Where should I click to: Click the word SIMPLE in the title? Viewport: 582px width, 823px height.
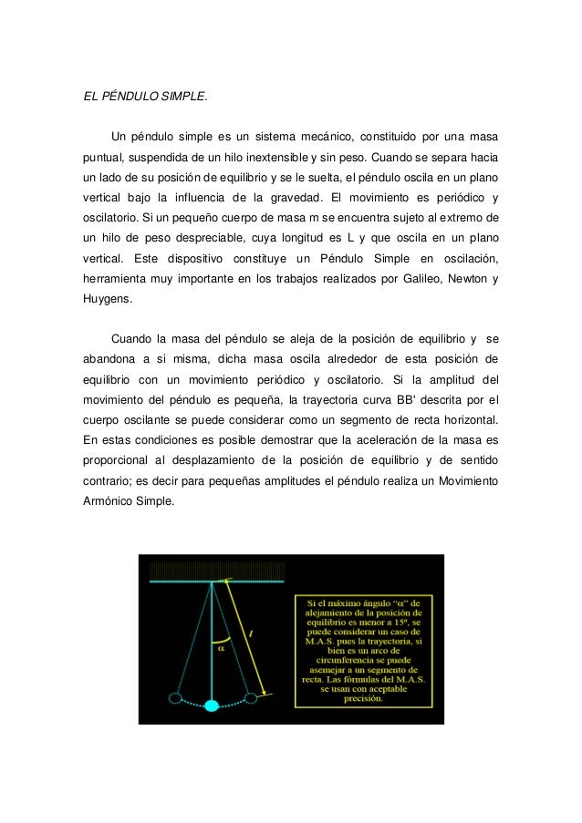pos(182,94)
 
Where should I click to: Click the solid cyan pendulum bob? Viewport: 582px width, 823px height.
pos(213,705)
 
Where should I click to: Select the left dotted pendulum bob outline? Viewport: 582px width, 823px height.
pos(175,698)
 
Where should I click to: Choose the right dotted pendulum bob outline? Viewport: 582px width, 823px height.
pos(252,698)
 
